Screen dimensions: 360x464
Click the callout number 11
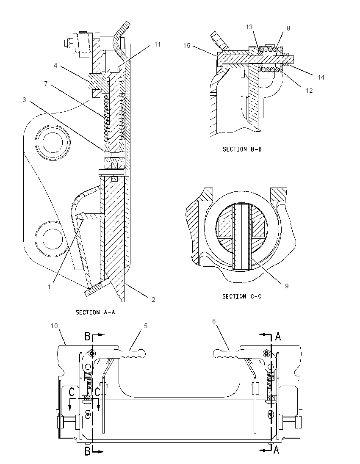tap(158, 44)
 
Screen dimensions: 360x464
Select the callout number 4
tap(55, 65)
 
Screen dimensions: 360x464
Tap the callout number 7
tap(46, 84)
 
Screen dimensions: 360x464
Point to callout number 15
tap(186, 46)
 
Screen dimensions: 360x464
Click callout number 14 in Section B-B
tap(321, 77)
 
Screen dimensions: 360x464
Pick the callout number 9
tap(287, 286)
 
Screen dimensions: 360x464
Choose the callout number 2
tap(153, 299)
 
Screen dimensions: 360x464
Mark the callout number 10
tap(54, 326)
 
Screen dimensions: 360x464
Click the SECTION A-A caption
tap(95, 312)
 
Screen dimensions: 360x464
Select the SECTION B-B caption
tap(242, 149)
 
